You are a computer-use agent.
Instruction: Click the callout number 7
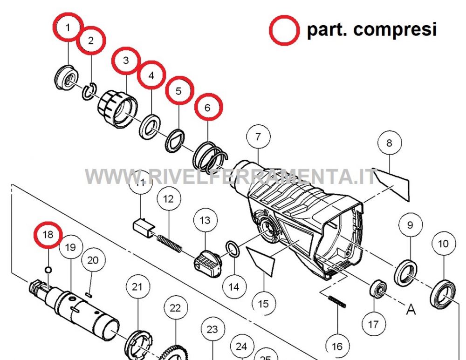click(x=258, y=137)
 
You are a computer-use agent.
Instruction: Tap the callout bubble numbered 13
click(x=205, y=220)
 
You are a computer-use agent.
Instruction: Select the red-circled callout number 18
click(x=48, y=235)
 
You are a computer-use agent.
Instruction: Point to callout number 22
click(x=175, y=308)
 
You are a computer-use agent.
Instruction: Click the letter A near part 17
click(x=411, y=310)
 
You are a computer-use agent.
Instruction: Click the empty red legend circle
click(x=284, y=30)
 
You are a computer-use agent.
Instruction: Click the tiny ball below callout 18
click(x=48, y=270)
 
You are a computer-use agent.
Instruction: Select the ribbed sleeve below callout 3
click(x=118, y=109)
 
